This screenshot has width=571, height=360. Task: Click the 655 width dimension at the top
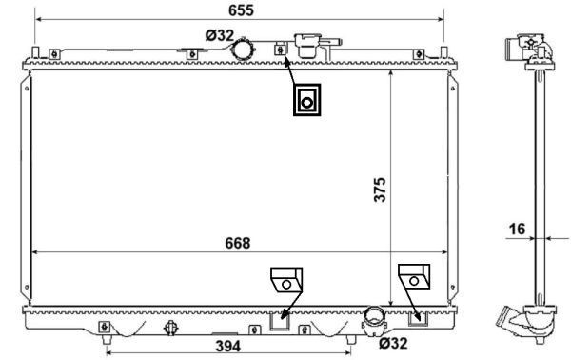pos(241,10)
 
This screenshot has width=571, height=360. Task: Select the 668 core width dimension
pos(237,243)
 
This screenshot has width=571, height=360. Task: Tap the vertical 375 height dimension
pos(380,190)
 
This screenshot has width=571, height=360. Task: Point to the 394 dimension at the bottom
pos(228,346)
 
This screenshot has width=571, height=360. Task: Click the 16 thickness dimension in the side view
pos(517,230)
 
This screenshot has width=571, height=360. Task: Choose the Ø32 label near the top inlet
pos(220,35)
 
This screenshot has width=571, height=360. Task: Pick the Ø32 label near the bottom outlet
pos(393,343)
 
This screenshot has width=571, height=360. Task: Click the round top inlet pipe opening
pos(243,50)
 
